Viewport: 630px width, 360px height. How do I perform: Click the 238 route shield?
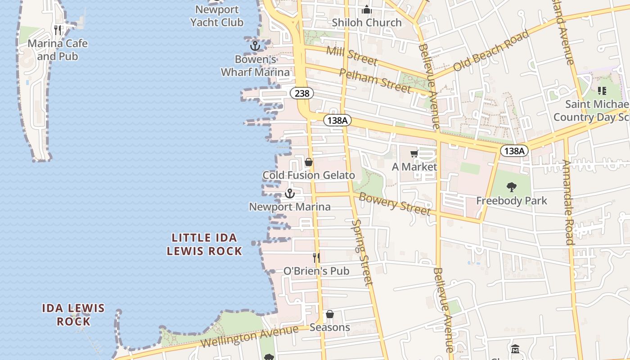coord(302,93)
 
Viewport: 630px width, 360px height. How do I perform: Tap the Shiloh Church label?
coord(367,22)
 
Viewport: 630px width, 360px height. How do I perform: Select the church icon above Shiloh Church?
coord(367,9)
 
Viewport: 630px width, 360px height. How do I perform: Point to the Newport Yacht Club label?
coord(217,16)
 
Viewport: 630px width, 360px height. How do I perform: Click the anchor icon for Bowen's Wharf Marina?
coord(255,46)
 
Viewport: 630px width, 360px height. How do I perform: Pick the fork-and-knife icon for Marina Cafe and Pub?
coord(58,30)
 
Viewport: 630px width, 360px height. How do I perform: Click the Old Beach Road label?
coord(491,50)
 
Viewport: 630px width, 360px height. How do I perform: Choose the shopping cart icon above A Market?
coord(414,154)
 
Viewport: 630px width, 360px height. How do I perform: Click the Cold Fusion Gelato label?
coord(309,175)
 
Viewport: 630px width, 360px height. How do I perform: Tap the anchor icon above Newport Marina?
coord(290,194)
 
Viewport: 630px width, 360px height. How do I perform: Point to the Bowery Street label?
coord(395,204)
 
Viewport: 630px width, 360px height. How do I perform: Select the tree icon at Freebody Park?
coord(511,187)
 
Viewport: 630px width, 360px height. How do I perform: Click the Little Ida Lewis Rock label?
coord(204,244)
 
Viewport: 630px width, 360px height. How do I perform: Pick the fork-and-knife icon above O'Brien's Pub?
coord(316,258)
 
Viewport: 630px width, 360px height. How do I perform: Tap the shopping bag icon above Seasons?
coord(330,314)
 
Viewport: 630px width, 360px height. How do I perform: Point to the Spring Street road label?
coord(363,252)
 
